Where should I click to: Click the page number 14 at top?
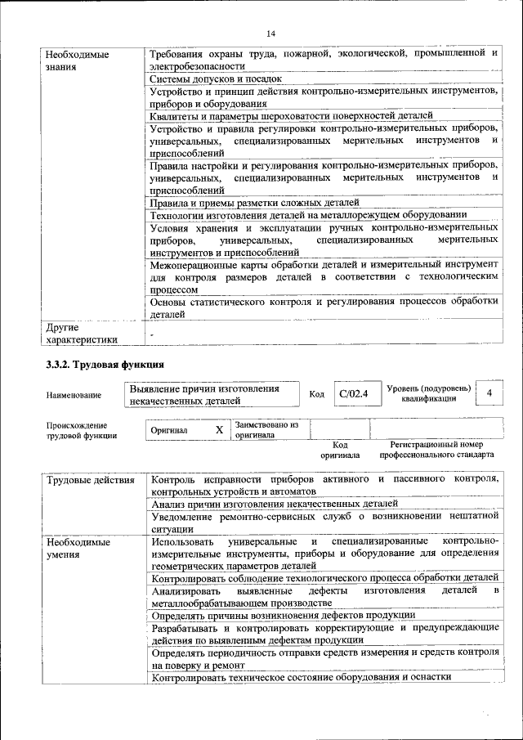click(270, 33)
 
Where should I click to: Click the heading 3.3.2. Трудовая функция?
click(105, 364)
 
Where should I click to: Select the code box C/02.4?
click(354, 394)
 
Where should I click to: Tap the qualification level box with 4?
click(489, 393)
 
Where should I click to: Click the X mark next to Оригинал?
click(219, 429)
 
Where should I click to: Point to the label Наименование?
click(74, 395)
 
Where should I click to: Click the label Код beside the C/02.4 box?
click(317, 395)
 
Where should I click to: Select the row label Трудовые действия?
click(90, 479)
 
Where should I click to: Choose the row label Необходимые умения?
click(78, 549)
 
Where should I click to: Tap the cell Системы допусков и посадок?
click(216, 79)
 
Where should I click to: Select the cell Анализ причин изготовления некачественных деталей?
click(275, 505)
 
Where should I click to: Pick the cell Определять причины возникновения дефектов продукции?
click(284, 614)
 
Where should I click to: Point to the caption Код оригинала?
click(340, 449)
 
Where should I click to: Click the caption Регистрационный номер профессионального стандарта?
click(430, 449)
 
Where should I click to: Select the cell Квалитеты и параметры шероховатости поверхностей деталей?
click(291, 116)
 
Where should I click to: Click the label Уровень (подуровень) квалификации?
click(428, 392)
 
